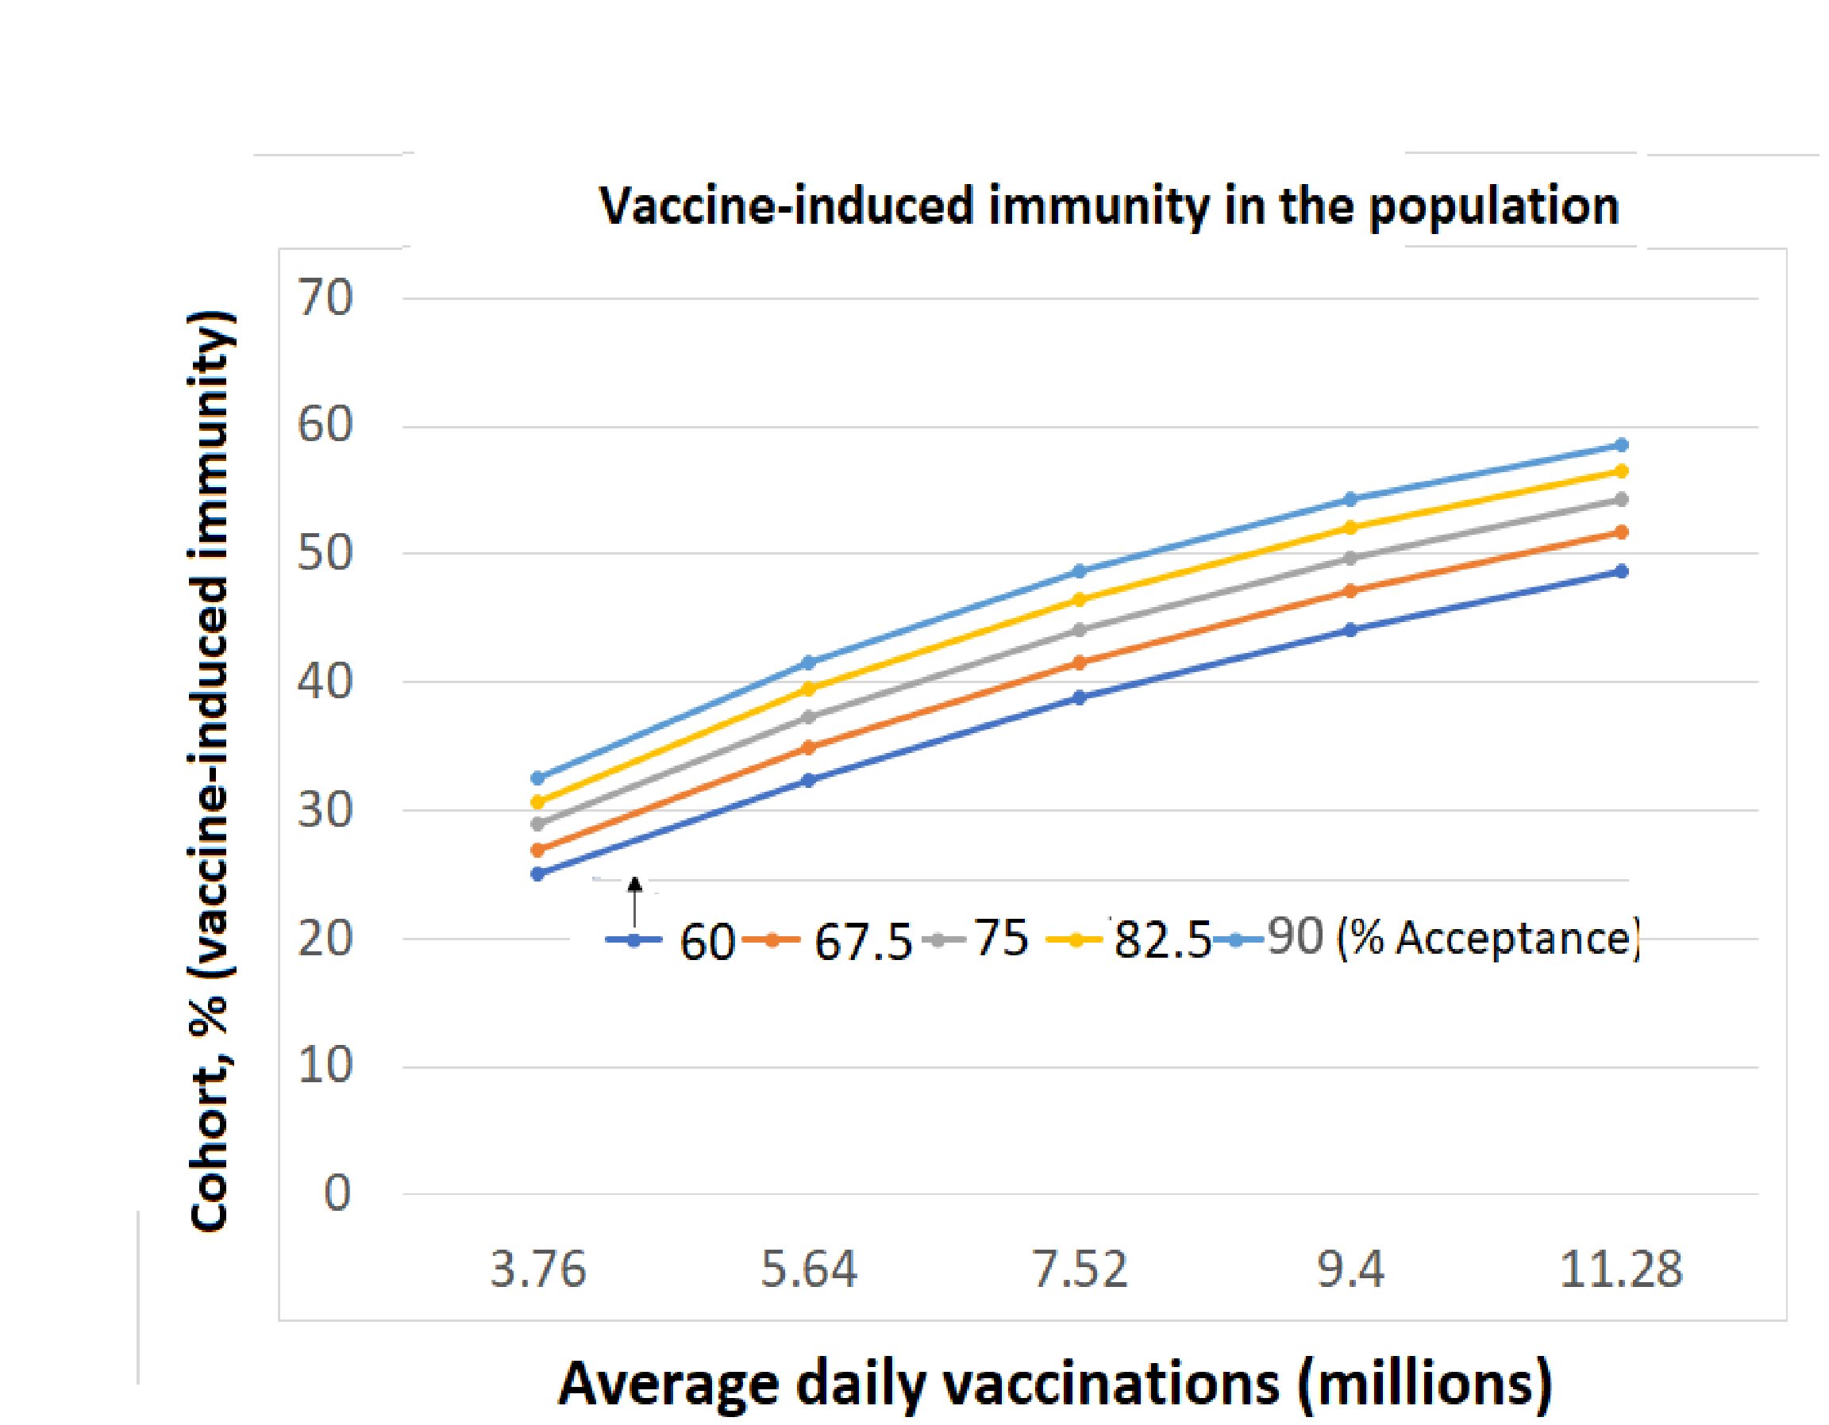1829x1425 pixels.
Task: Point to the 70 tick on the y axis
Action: [x=325, y=298]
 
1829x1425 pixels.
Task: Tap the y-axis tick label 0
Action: [x=337, y=1194]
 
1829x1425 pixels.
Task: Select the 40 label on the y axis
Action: [x=325, y=682]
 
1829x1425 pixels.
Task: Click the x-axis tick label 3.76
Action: [x=537, y=1270]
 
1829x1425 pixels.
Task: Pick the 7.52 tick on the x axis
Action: [x=1080, y=1270]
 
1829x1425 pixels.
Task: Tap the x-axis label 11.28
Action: [x=1620, y=1270]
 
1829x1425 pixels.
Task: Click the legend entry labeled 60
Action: [x=706, y=942]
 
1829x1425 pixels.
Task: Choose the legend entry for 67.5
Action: [x=863, y=942]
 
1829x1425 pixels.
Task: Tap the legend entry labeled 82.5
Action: [x=1162, y=942]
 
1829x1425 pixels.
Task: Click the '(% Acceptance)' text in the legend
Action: [x=1487, y=939]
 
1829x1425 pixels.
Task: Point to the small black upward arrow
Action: [x=635, y=900]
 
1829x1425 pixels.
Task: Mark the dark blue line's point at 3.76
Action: [x=537, y=874]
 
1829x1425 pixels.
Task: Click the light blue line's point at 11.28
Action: [x=1621, y=444]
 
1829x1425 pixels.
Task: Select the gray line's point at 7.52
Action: [x=1080, y=630]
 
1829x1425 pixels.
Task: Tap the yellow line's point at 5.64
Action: [x=809, y=688]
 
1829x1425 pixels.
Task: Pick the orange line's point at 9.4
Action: [x=1350, y=591]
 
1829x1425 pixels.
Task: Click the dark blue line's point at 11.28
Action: [x=1621, y=571]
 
